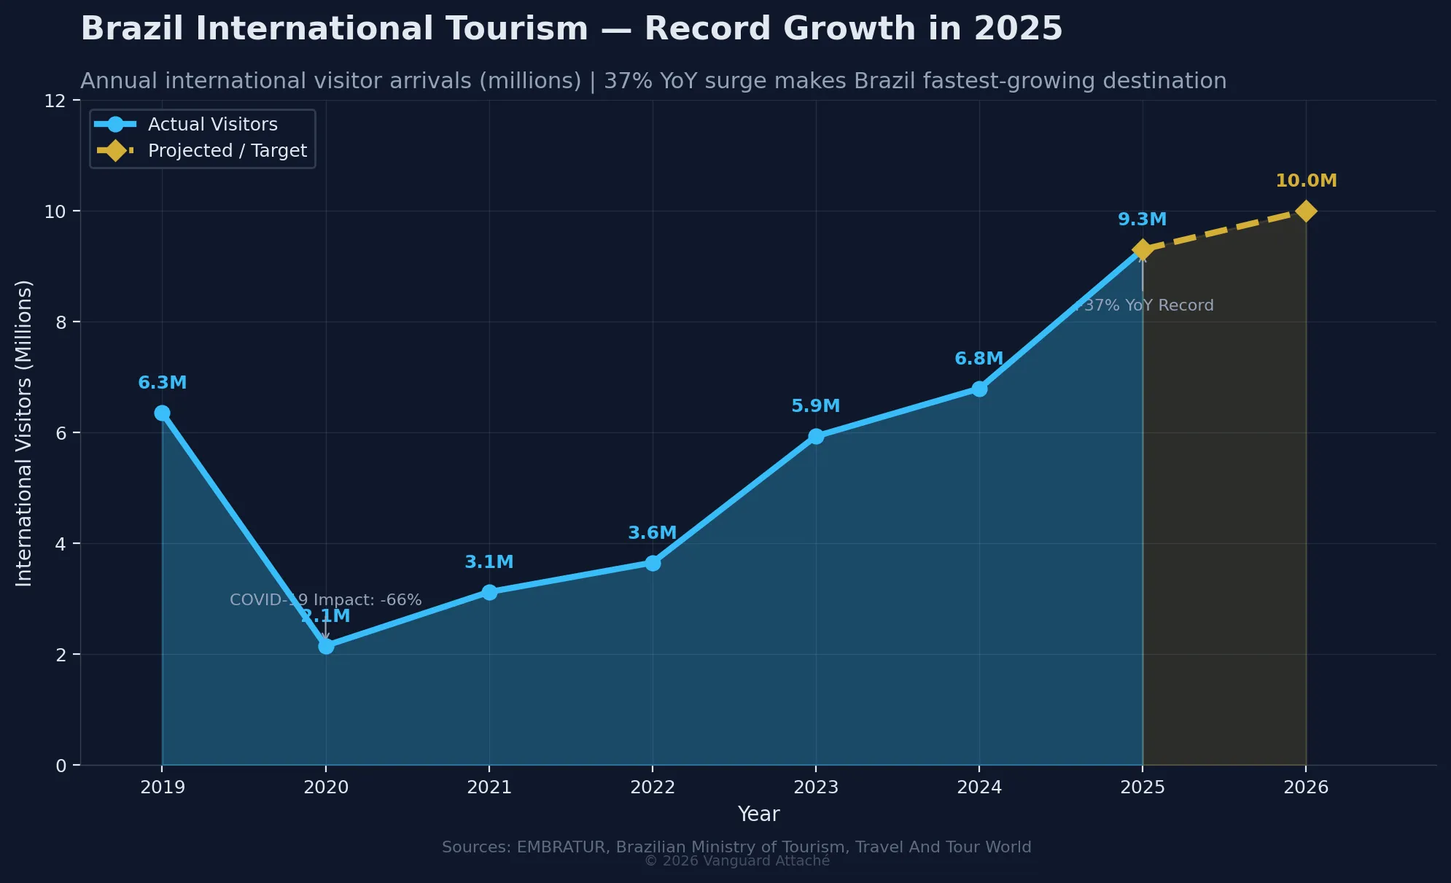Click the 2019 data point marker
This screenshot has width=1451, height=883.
162,413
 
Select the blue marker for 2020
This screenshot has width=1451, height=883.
326,646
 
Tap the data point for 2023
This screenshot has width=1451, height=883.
816,436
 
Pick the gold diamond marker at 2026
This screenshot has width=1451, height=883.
1306,211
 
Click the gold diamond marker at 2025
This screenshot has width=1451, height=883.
1143,250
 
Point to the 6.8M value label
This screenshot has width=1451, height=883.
979,359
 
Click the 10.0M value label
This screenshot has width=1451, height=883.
1306,181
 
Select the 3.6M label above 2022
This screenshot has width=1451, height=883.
652,533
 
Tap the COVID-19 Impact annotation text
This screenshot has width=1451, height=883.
325,600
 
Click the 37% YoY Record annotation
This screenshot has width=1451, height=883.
1145,306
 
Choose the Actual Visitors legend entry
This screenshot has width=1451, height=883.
212,125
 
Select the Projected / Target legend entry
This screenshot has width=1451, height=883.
227,151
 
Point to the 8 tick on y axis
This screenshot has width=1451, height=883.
61,322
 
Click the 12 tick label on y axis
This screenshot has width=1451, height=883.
55,101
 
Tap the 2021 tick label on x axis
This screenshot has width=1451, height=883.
489,787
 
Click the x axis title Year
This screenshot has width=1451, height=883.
758,814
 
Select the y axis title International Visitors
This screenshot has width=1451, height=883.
24,433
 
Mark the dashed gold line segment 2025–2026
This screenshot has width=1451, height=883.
1224,230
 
